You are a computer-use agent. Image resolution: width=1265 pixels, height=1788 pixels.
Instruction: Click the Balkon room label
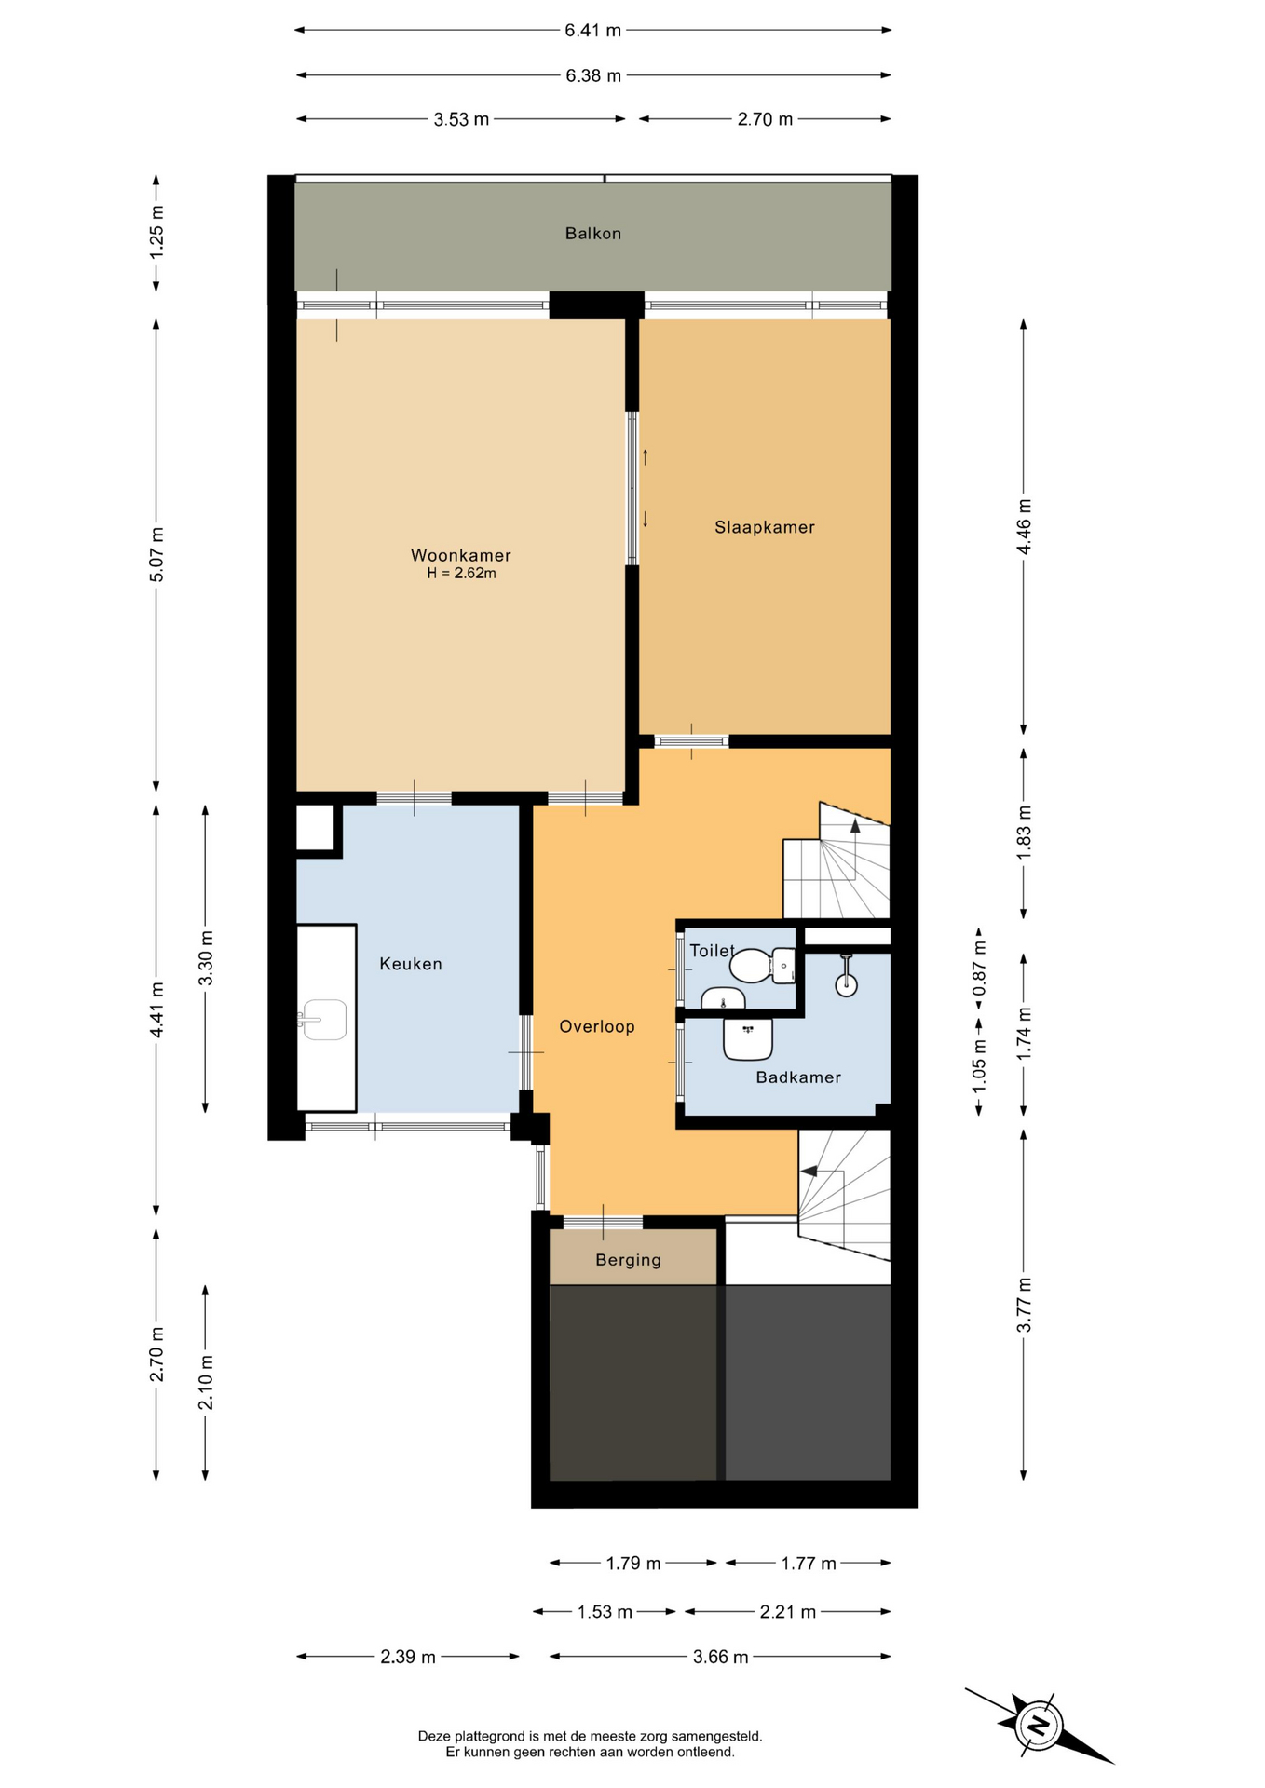pyautogui.click(x=592, y=234)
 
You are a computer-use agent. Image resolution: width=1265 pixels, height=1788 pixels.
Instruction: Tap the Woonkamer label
pyautogui.click(x=461, y=555)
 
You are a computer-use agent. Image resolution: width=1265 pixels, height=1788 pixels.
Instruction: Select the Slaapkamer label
pyautogui.click(x=765, y=527)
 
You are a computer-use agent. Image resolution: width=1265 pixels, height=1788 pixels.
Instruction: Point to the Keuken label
pyautogui.click(x=411, y=964)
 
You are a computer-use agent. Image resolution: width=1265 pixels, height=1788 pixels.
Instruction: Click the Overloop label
pyautogui.click(x=597, y=1026)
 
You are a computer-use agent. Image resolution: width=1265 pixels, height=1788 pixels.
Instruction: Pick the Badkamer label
pyautogui.click(x=798, y=1077)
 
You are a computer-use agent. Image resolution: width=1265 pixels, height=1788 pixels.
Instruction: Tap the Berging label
pyautogui.click(x=629, y=1260)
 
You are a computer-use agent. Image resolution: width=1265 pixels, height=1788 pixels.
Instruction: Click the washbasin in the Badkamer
pyautogui.click(x=748, y=1038)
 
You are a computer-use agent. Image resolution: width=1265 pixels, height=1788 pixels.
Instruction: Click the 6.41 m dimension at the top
pyautogui.click(x=593, y=30)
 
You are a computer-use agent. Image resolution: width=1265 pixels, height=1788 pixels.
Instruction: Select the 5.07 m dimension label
pyautogui.click(x=156, y=554)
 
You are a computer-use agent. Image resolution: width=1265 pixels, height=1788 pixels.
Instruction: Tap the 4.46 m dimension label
pyautogui.click(x=1024, y=526)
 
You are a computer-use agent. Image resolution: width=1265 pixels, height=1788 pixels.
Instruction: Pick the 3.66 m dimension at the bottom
pyautogui.click(x=721, y=1657)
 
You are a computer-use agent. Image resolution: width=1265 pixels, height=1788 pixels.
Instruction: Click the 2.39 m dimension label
pyautogui.click(x=408, y=1657)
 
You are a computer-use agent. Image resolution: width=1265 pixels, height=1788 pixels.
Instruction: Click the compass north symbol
pyautogui.click(x=1038, y=1725)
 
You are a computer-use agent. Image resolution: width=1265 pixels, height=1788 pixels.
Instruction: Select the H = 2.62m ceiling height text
pyautogui.click(x=461, y=574)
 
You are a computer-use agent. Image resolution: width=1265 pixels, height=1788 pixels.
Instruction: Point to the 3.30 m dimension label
pyautogui.click(x=206, y=958)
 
